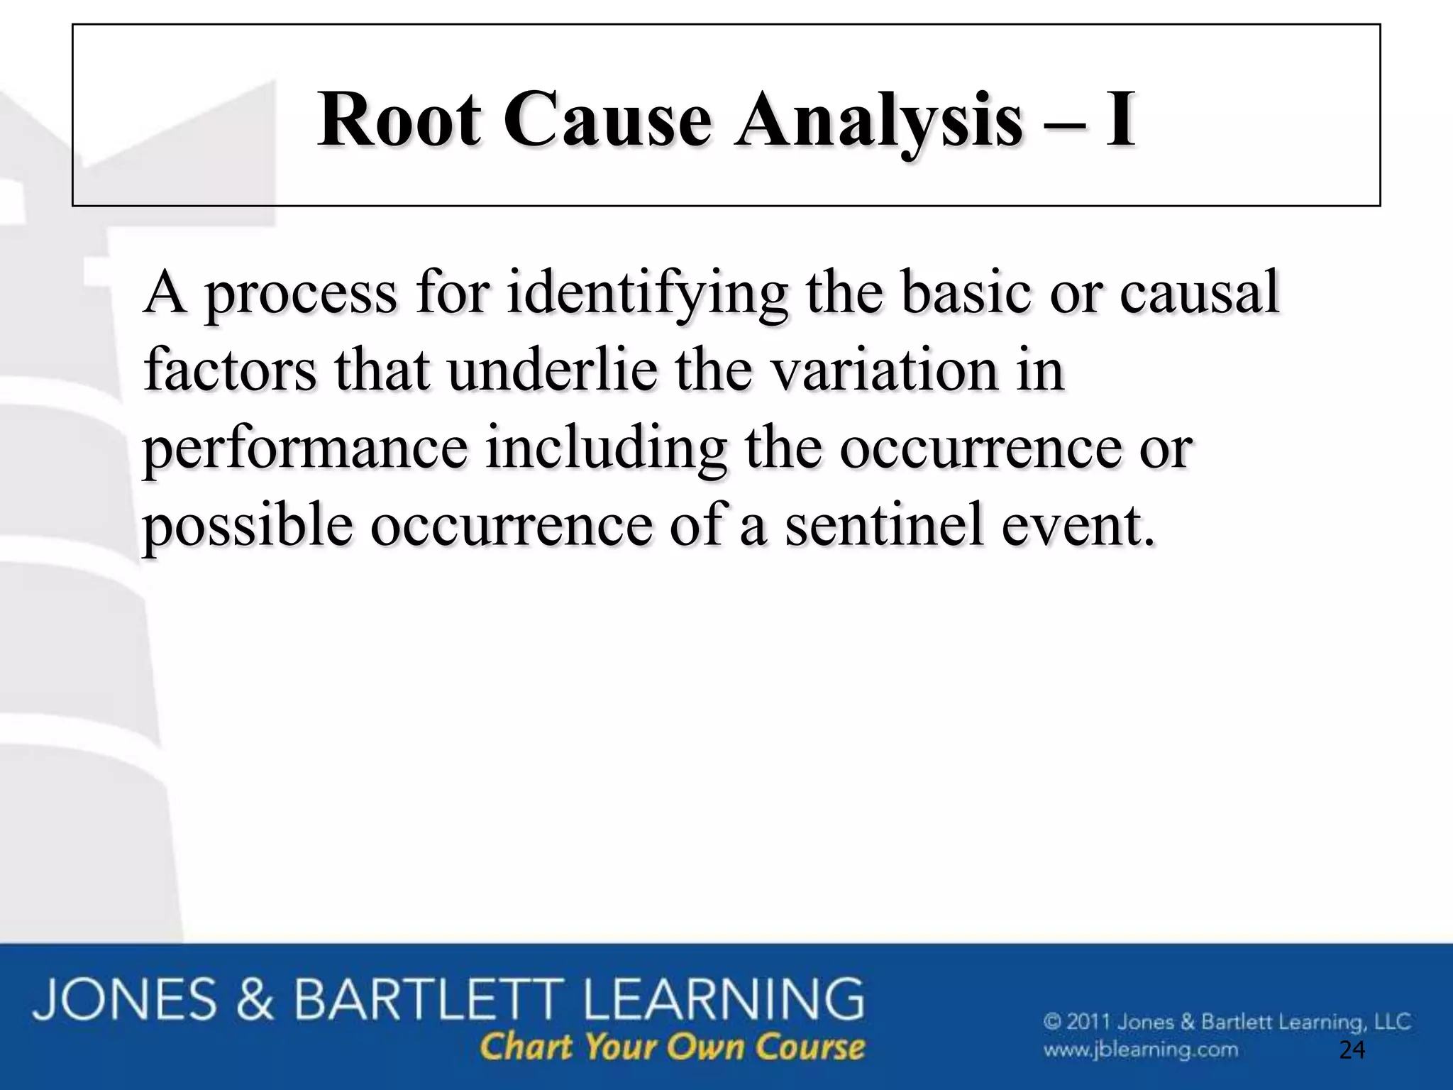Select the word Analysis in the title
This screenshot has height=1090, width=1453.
pyautogui.click(x=878, y=121)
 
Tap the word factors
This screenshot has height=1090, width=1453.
pyautogui.click(x=229, y=370)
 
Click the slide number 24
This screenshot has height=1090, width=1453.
pyautogui.click(x=1352, y=1050)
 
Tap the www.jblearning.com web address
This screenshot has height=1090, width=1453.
pyautogui.click(x=1140, y=1050)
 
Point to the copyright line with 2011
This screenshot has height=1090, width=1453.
pyautogui.click(x=1227, y=1023)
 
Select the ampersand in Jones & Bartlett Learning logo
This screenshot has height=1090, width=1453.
pyautogui.click(x=255, y=999)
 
